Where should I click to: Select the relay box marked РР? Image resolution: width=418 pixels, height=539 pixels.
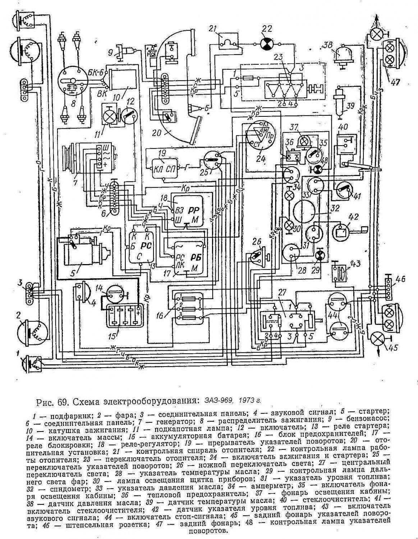[189, 211]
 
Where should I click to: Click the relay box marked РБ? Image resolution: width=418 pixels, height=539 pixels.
[189, 258]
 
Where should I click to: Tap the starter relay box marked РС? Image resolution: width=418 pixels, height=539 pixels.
[141, 248]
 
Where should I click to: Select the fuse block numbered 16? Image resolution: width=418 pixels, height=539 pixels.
[189, 308]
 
